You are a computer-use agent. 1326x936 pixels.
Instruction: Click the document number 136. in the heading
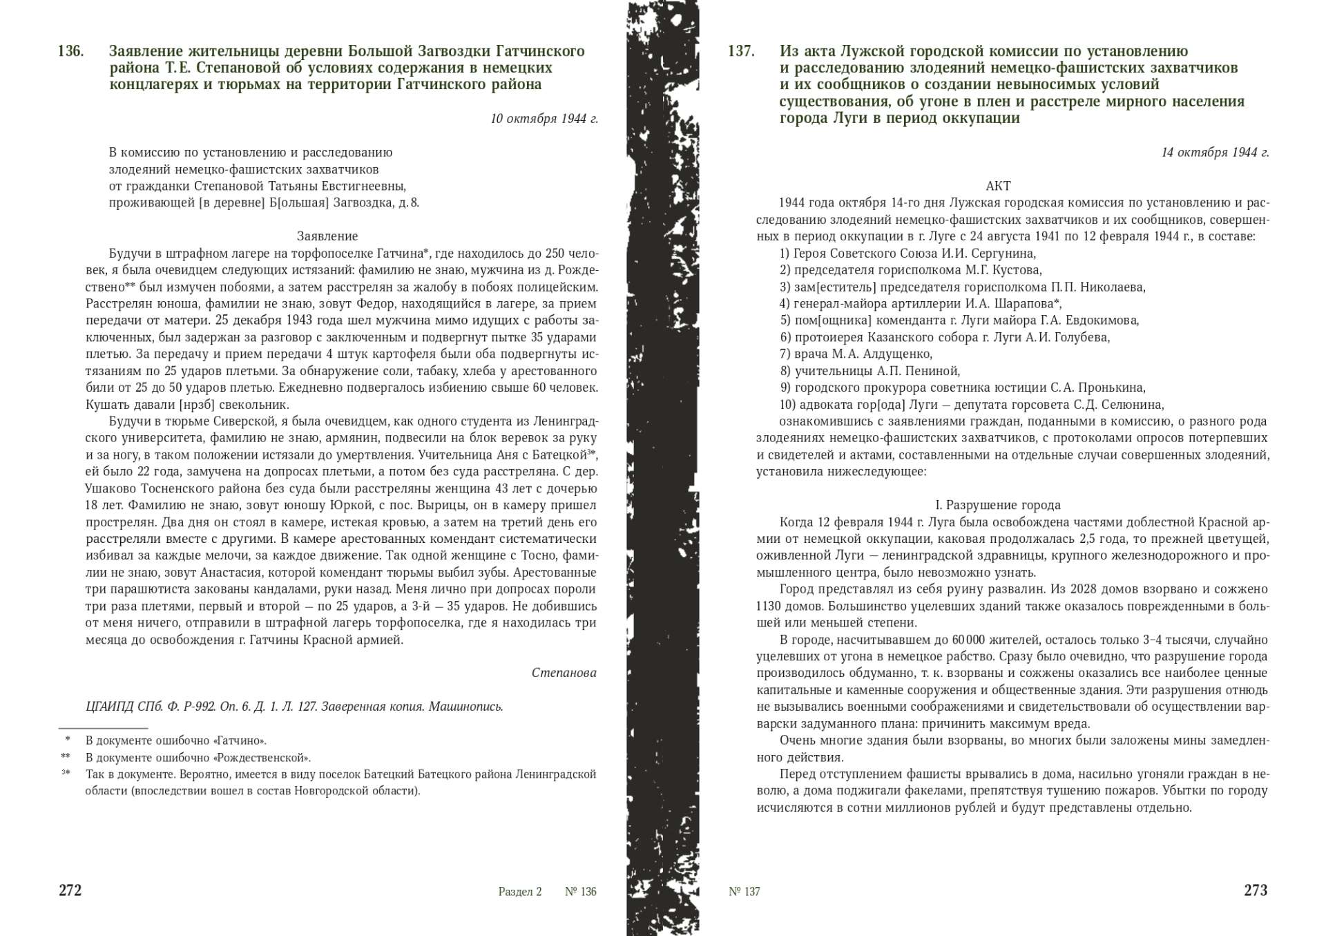coord(71,52)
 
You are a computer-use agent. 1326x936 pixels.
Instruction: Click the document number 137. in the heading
coord(741,52)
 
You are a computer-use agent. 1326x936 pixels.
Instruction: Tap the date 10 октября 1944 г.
coord(544,119)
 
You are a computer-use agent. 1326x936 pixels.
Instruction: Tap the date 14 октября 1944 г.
coord(1215,153)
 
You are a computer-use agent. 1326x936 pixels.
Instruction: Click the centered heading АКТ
coord(998,186)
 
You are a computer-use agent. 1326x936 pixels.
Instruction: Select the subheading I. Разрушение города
coord(998,505)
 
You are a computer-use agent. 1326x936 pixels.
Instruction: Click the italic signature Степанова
coord(564,673)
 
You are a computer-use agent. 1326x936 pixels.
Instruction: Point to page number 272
coord(70,890)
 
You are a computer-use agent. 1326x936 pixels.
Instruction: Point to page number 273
coord(1256,890)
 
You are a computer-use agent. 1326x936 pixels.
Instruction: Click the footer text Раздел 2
coord(520,892)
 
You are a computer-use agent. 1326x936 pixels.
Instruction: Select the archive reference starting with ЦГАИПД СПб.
coord(294,707)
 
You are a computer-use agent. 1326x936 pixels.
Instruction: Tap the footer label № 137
coord(744,892)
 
